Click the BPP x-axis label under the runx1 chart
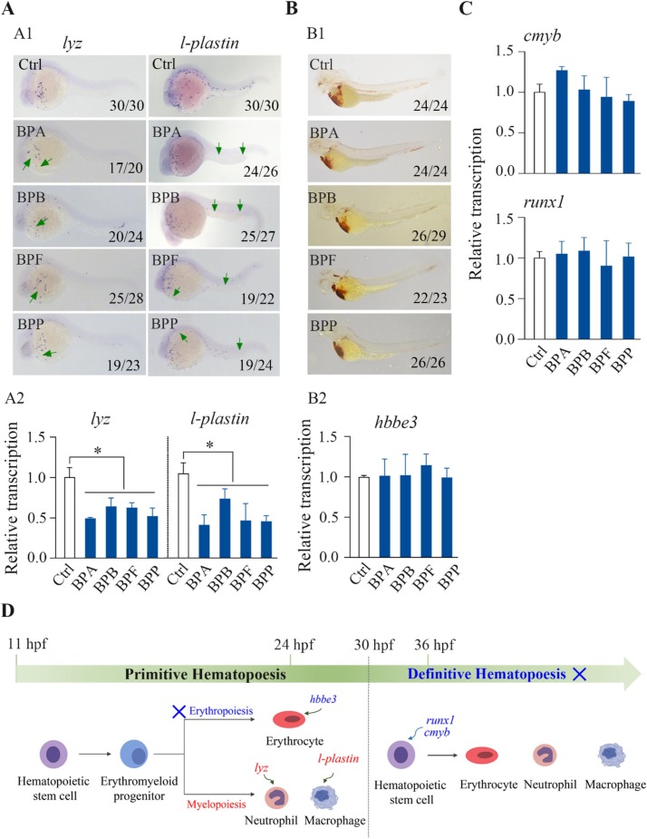click(x=619, y=374)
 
